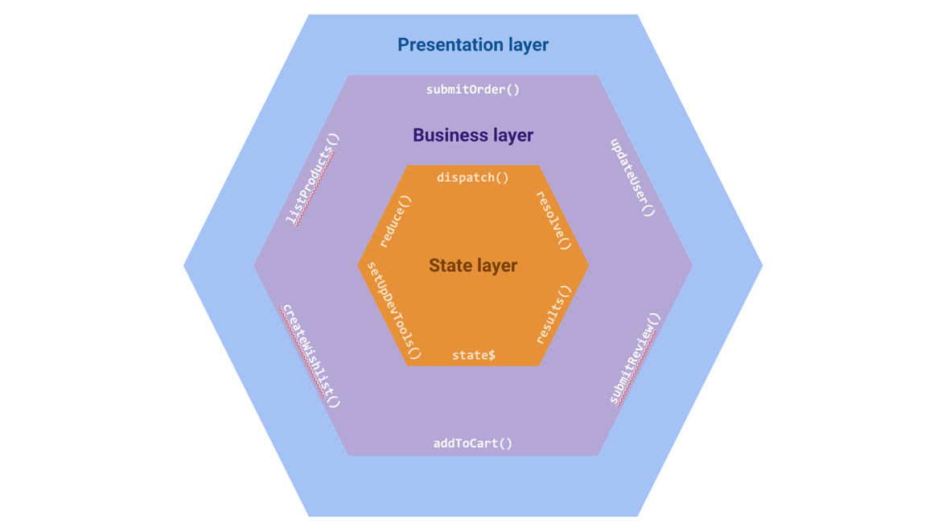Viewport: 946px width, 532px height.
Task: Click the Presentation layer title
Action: point(473,45)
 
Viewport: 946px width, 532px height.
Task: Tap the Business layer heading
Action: point(473,135)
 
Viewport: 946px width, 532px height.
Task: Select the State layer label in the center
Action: point(473,266)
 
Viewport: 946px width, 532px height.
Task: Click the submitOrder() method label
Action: point(473,89)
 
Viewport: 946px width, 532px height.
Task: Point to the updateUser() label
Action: point(632,178)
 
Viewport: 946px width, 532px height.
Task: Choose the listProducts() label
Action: point(313,179)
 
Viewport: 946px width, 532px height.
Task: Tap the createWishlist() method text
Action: point(311,356)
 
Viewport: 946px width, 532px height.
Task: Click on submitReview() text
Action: point(635,358)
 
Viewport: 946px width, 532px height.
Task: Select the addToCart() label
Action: point(473,443)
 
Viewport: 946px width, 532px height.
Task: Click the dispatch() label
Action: point(473,177)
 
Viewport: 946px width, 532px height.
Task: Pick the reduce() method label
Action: point(395,221)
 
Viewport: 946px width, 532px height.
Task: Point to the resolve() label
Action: point(553,221)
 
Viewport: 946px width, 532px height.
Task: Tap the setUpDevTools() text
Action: point(393,310)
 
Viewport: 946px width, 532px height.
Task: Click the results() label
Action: point(553,314)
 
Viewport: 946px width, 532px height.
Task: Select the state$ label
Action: point(473,355)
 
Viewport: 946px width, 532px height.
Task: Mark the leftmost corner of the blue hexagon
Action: point(185,266)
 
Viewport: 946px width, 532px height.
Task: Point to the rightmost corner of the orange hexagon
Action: point(588,266)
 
